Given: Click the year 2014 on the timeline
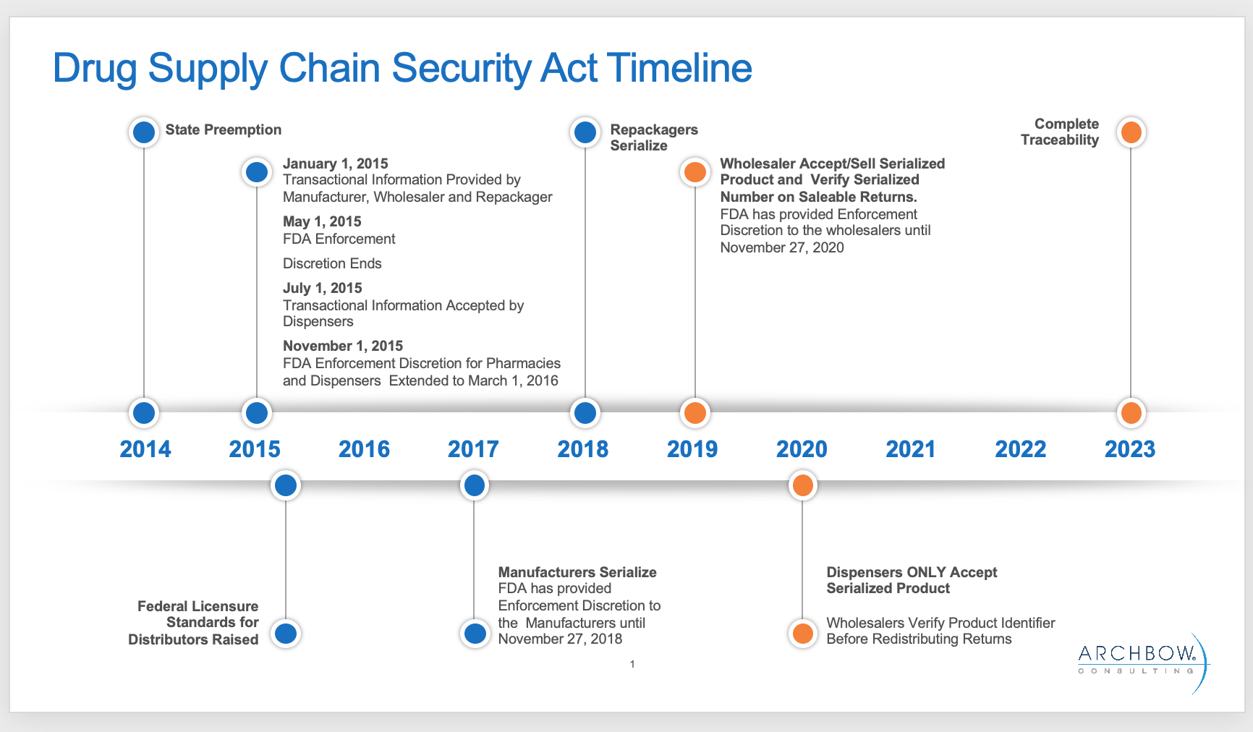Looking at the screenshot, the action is click(x=145, y=449).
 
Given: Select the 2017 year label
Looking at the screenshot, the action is click(x=473, y=449).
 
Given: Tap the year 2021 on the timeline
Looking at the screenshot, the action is click(x=911, y=449).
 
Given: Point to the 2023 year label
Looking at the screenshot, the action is click(x=1130, y=449).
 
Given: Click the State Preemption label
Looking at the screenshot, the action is click(x=224, y=129).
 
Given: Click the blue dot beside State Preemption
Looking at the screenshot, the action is click(x=144, y=132).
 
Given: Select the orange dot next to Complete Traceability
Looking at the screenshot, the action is click(x=1131, y=132).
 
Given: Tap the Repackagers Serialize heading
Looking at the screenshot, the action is click(x=654, y=137).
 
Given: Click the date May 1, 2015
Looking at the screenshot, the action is click(x=322, y=221).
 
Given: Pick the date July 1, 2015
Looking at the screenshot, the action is click(x=323, y=288).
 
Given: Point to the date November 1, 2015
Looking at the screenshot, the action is click(x=343, y=346).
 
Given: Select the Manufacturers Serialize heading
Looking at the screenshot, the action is click(x=577, y=572).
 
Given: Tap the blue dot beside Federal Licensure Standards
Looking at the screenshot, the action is click(x=286, y=634).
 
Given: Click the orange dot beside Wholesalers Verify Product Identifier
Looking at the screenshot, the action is click(x=802, y=634).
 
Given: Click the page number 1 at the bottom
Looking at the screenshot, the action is click(x=632, y=664).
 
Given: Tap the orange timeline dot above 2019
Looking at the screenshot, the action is click(x=695, y=413).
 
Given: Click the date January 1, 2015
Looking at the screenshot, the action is click(x=336, y=163).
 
